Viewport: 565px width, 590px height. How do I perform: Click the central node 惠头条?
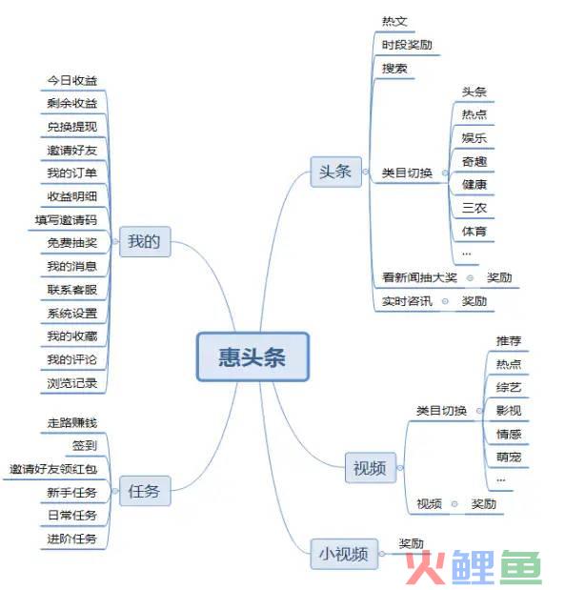[x=252, y=356]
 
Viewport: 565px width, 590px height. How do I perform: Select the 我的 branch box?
[x=145, y=241]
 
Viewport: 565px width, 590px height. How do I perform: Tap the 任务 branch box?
[x=145, y=491]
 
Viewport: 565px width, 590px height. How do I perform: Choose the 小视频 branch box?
[x=344, y=554]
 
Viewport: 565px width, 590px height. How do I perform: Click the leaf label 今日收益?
[x=72, y=80]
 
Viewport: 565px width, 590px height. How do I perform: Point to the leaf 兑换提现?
[x=72, y=127]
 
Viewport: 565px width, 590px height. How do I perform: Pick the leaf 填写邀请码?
[x=66, y=220]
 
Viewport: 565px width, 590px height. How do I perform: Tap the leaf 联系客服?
[x=72, y=290]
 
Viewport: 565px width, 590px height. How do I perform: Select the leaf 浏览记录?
[x=72, y=383]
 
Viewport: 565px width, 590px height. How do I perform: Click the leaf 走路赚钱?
[x=72, y=422]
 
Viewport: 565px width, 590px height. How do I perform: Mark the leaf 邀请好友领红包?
[x=53, y=469]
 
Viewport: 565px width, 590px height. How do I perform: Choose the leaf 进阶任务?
[x=72, y=539]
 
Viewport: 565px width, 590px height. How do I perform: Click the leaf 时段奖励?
[x=407, y=45]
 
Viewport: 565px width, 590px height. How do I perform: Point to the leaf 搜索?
[x=394, y=69]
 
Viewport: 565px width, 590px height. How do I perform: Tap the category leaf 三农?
[x=474, y=208]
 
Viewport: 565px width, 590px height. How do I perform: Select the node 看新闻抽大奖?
[x=419, y=277]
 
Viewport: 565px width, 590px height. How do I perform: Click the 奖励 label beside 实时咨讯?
[x=474, y=301]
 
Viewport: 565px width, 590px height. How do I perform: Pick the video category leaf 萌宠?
[x=509, y=458]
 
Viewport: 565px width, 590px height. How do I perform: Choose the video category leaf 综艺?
[x=509, y=387]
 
